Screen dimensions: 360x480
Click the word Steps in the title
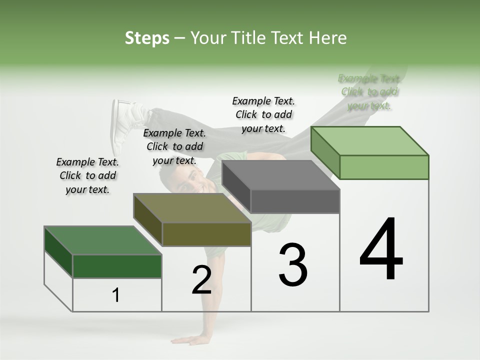click(x=147, y=38)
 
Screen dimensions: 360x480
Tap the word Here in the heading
click(x=328, y=38)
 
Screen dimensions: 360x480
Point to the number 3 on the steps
click(x=292, y=264)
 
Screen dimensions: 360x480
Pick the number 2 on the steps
click(x=201, y=280)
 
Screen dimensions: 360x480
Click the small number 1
click(x=116, y=295)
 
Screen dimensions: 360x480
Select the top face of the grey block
click(x=280, y=174)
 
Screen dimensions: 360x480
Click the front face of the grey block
click(x=295, y=201)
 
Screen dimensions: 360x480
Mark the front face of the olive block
click(x=206, y=234)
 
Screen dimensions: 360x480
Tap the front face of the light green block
click(x=384, y=167)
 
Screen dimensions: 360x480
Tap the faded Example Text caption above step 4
click(x=369, y=92)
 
